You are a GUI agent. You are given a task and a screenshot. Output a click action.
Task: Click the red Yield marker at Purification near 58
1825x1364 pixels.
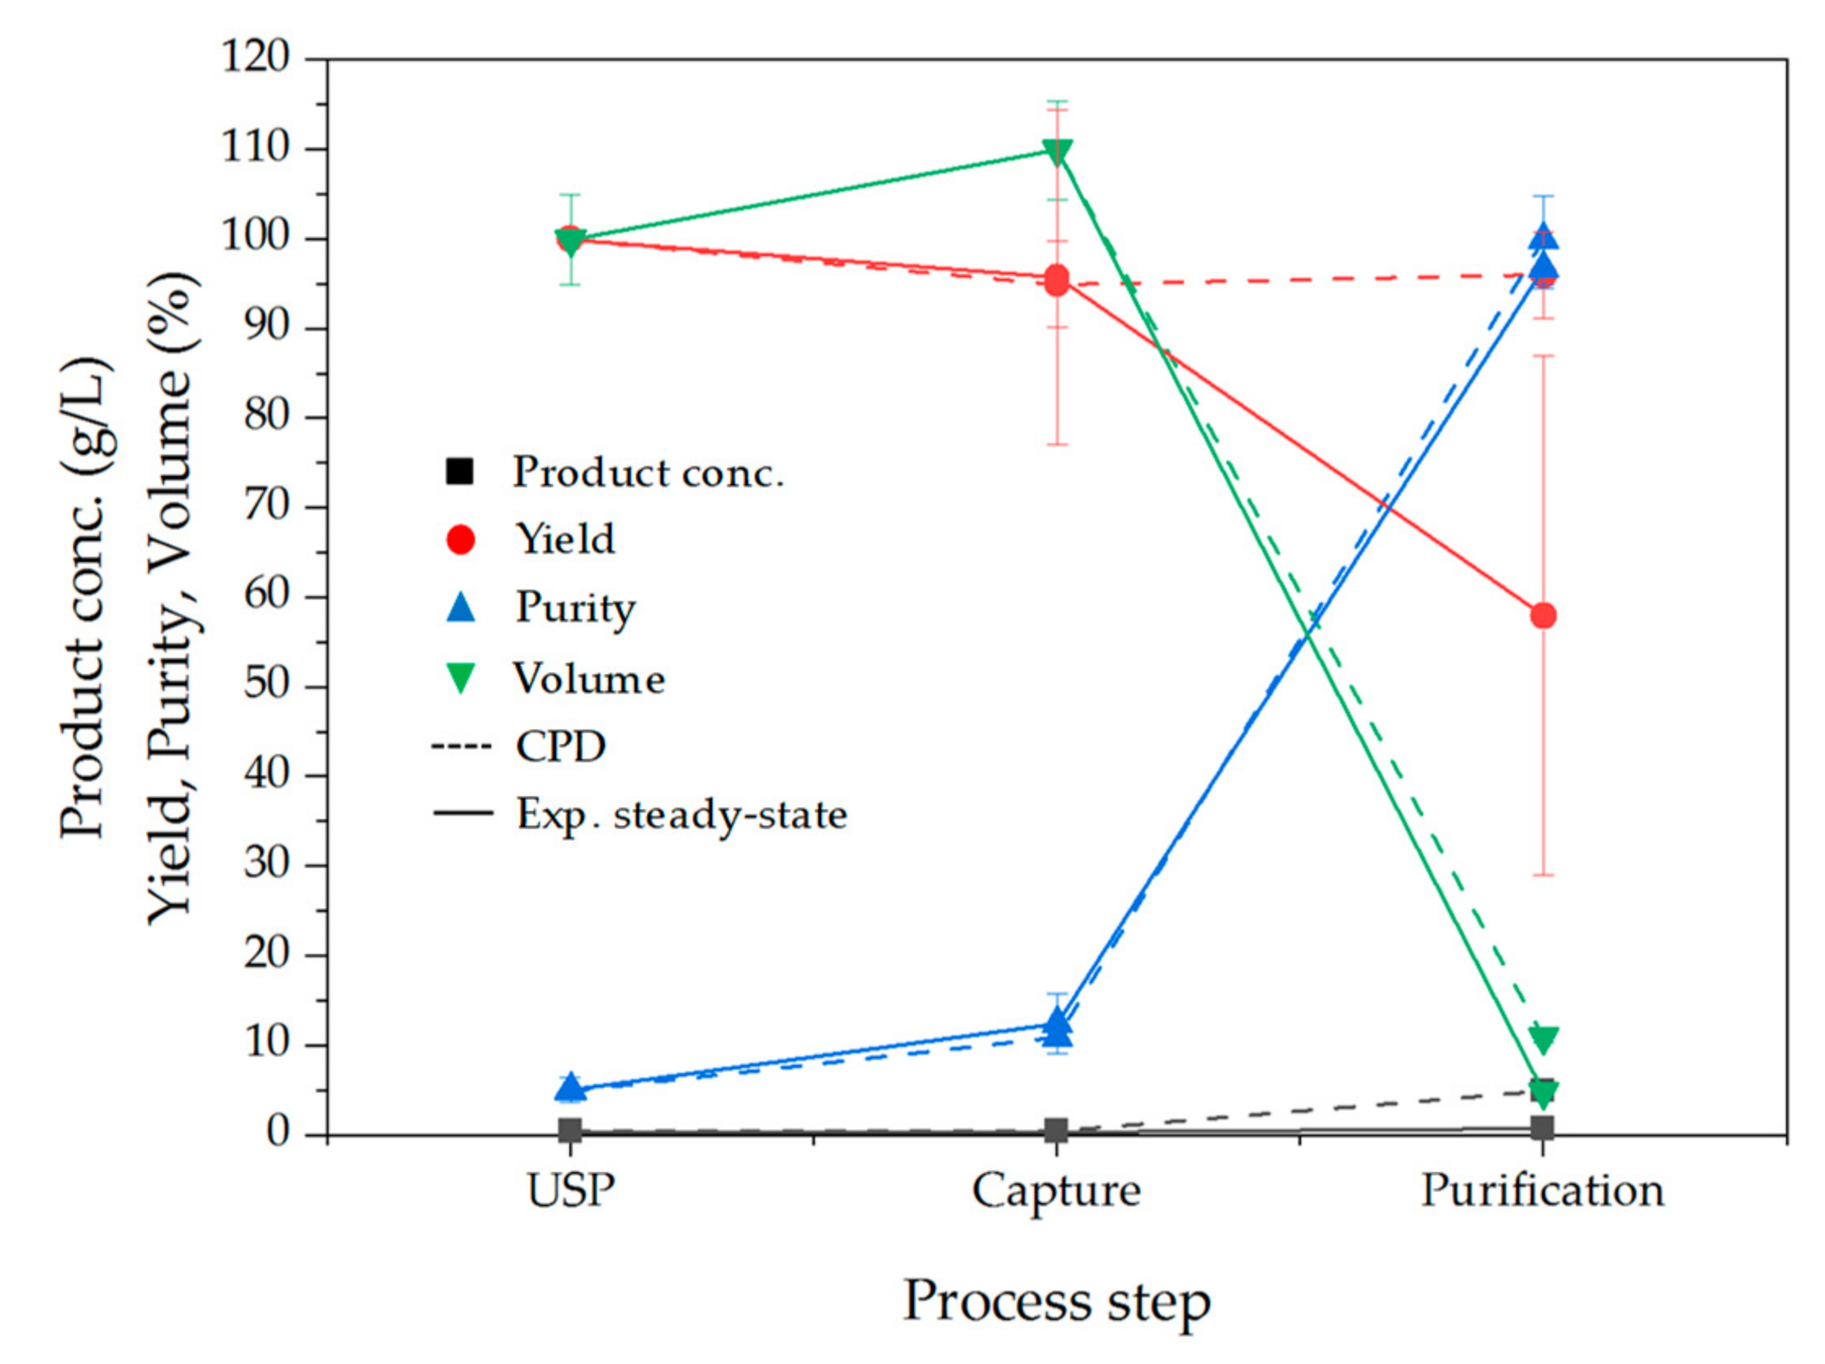pos(1543,616)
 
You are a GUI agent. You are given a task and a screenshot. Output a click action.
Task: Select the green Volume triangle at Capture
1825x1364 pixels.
pos(1057,151)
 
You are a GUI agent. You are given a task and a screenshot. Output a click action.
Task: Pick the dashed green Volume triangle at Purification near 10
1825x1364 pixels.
pos(1543,1039)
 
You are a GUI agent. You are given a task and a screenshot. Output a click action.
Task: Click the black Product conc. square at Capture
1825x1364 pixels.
pos(1056,1131)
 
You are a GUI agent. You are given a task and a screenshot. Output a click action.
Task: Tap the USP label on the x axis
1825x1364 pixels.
pos(571,1191)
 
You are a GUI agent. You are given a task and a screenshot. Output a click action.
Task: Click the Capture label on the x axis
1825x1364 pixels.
pos(1056,1191)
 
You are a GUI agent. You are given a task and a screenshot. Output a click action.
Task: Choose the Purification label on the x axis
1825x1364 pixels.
pos(1542,1191)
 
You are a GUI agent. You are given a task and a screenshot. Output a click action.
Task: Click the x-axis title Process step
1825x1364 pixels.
pos(1056,1301)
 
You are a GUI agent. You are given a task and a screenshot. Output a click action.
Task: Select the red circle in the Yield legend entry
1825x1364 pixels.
pos(460,539)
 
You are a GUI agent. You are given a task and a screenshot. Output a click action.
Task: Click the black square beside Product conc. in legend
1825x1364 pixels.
pos(460,471)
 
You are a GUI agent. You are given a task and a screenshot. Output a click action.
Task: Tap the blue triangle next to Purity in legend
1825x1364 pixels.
pos(460,608)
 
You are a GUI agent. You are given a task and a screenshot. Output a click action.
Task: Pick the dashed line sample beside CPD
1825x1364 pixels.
pos(461,747)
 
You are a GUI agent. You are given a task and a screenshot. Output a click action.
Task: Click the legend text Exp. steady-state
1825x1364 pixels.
pos(682,814)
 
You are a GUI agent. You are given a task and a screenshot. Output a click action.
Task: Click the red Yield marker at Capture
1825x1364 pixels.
pos(1057,281)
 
